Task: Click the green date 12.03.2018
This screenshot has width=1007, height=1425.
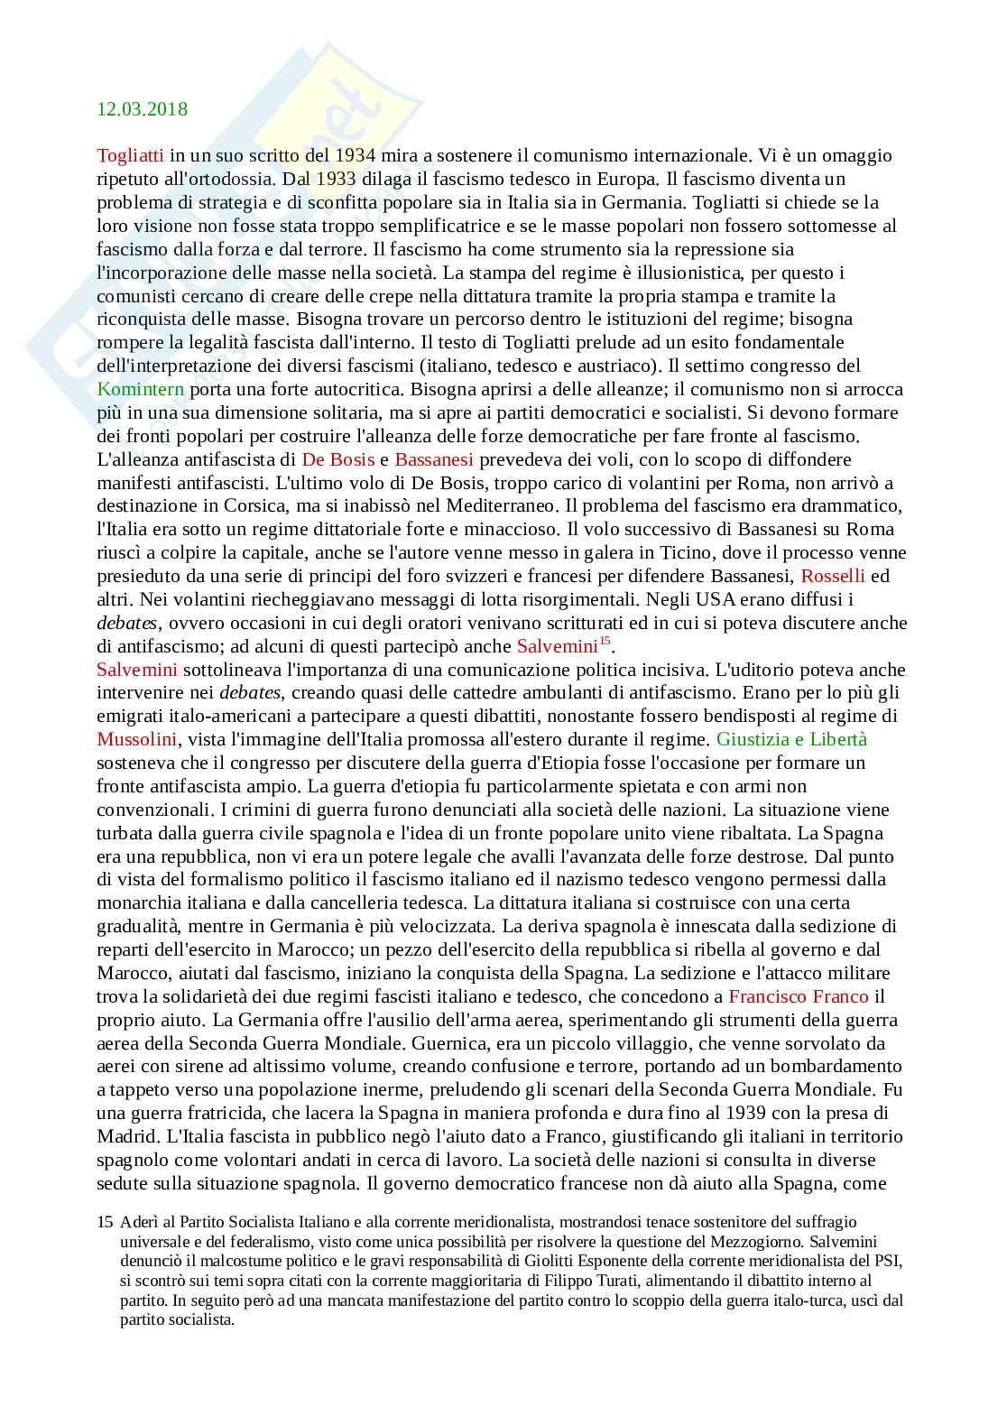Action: [143, 109]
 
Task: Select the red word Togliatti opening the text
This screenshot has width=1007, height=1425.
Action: [130, 155]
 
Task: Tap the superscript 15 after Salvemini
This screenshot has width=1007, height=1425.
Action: [605, 642]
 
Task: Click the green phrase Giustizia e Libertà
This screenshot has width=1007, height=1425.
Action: [791, 739]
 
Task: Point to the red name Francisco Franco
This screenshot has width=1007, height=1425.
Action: [799, 996]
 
